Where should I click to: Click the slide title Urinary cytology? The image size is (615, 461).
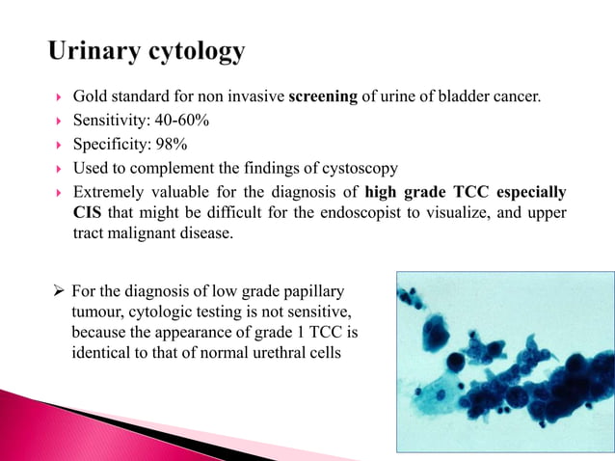[146, 51]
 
